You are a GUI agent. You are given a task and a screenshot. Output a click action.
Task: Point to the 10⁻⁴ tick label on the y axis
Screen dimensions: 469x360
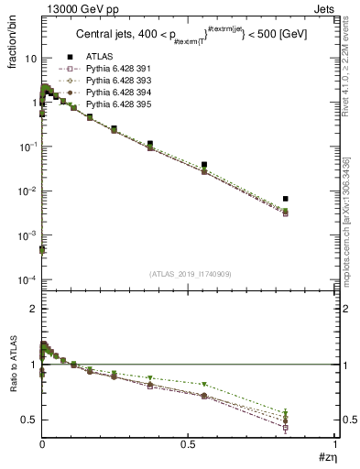(x=27, y=279)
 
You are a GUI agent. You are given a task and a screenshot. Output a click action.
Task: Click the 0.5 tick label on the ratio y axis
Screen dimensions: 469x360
(x=29, y=420)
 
